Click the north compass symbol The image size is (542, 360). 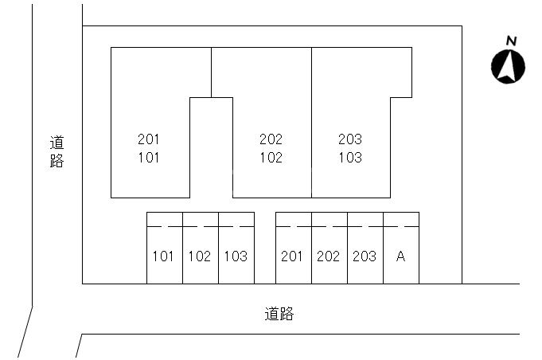508,66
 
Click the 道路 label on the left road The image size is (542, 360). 57,151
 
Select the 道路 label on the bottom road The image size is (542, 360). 279,314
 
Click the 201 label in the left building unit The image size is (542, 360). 149,139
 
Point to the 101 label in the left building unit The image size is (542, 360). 149,158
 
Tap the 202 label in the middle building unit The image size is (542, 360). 271,139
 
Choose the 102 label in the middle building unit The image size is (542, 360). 271,158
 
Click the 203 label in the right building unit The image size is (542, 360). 349,139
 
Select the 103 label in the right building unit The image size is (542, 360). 349,158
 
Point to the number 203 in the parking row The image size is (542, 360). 365,256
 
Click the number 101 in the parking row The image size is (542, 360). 163,256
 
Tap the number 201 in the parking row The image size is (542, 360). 293,256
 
